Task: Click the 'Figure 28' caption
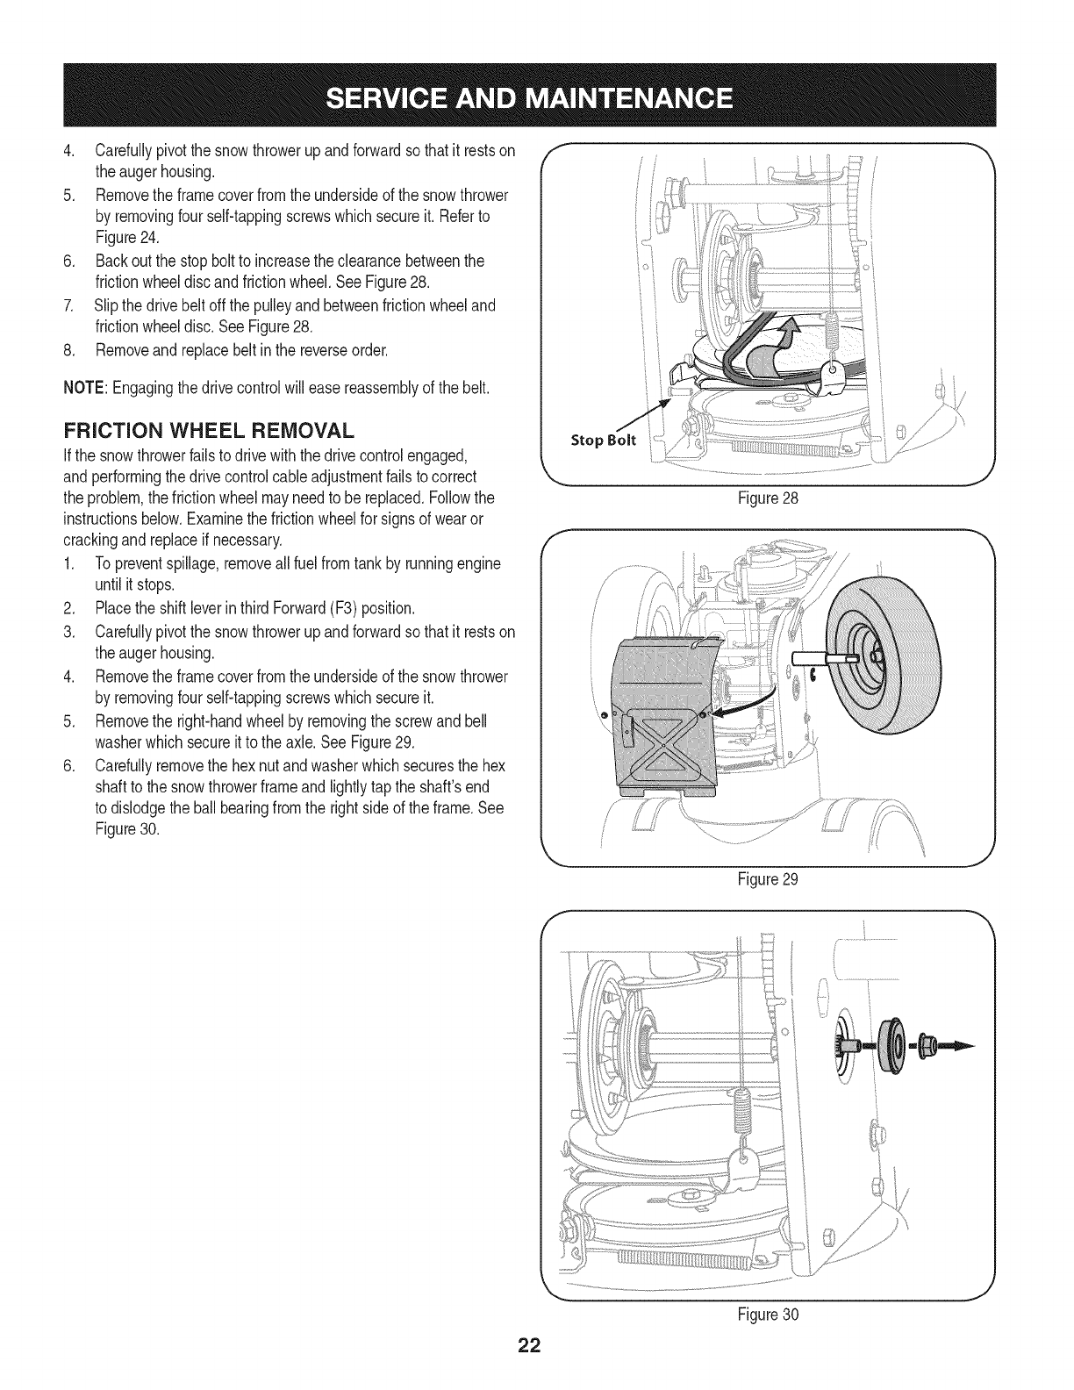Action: pyautogui.click(x=769, y=498)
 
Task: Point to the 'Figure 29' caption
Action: pyautogui.click(x=769, y=878)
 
